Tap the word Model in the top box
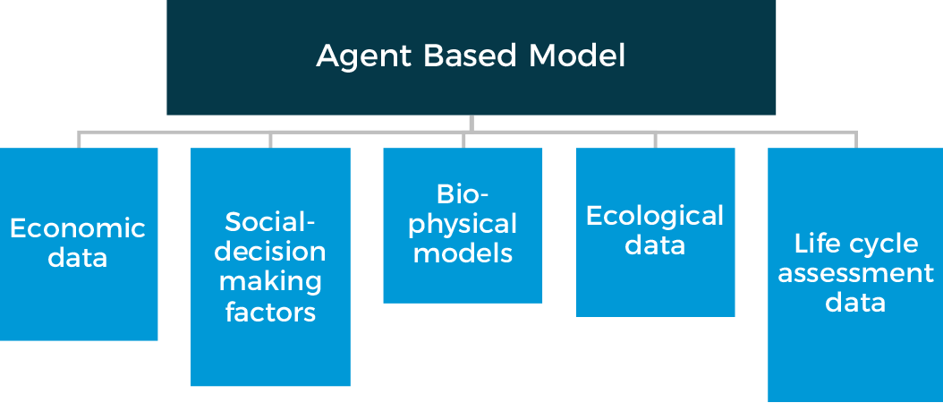click(x=577, y=56)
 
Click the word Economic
click(x=78, y=228)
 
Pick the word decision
click(x=271, y=252)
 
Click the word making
click(x=271, y=282)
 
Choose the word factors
click(x=271, y=313)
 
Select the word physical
click(x=463, y=224)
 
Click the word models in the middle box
click(x=463, y=253)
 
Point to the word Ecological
click(x=655, y=216)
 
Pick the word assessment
click(x=855, y=273)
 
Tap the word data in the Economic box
click(x=78, y=259)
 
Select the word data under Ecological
click(x=655, y=245)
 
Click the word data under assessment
click(x=855, y=303)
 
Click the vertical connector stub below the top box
click(x=471, y=124)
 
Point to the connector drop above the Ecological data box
click(x=655, y=140)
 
